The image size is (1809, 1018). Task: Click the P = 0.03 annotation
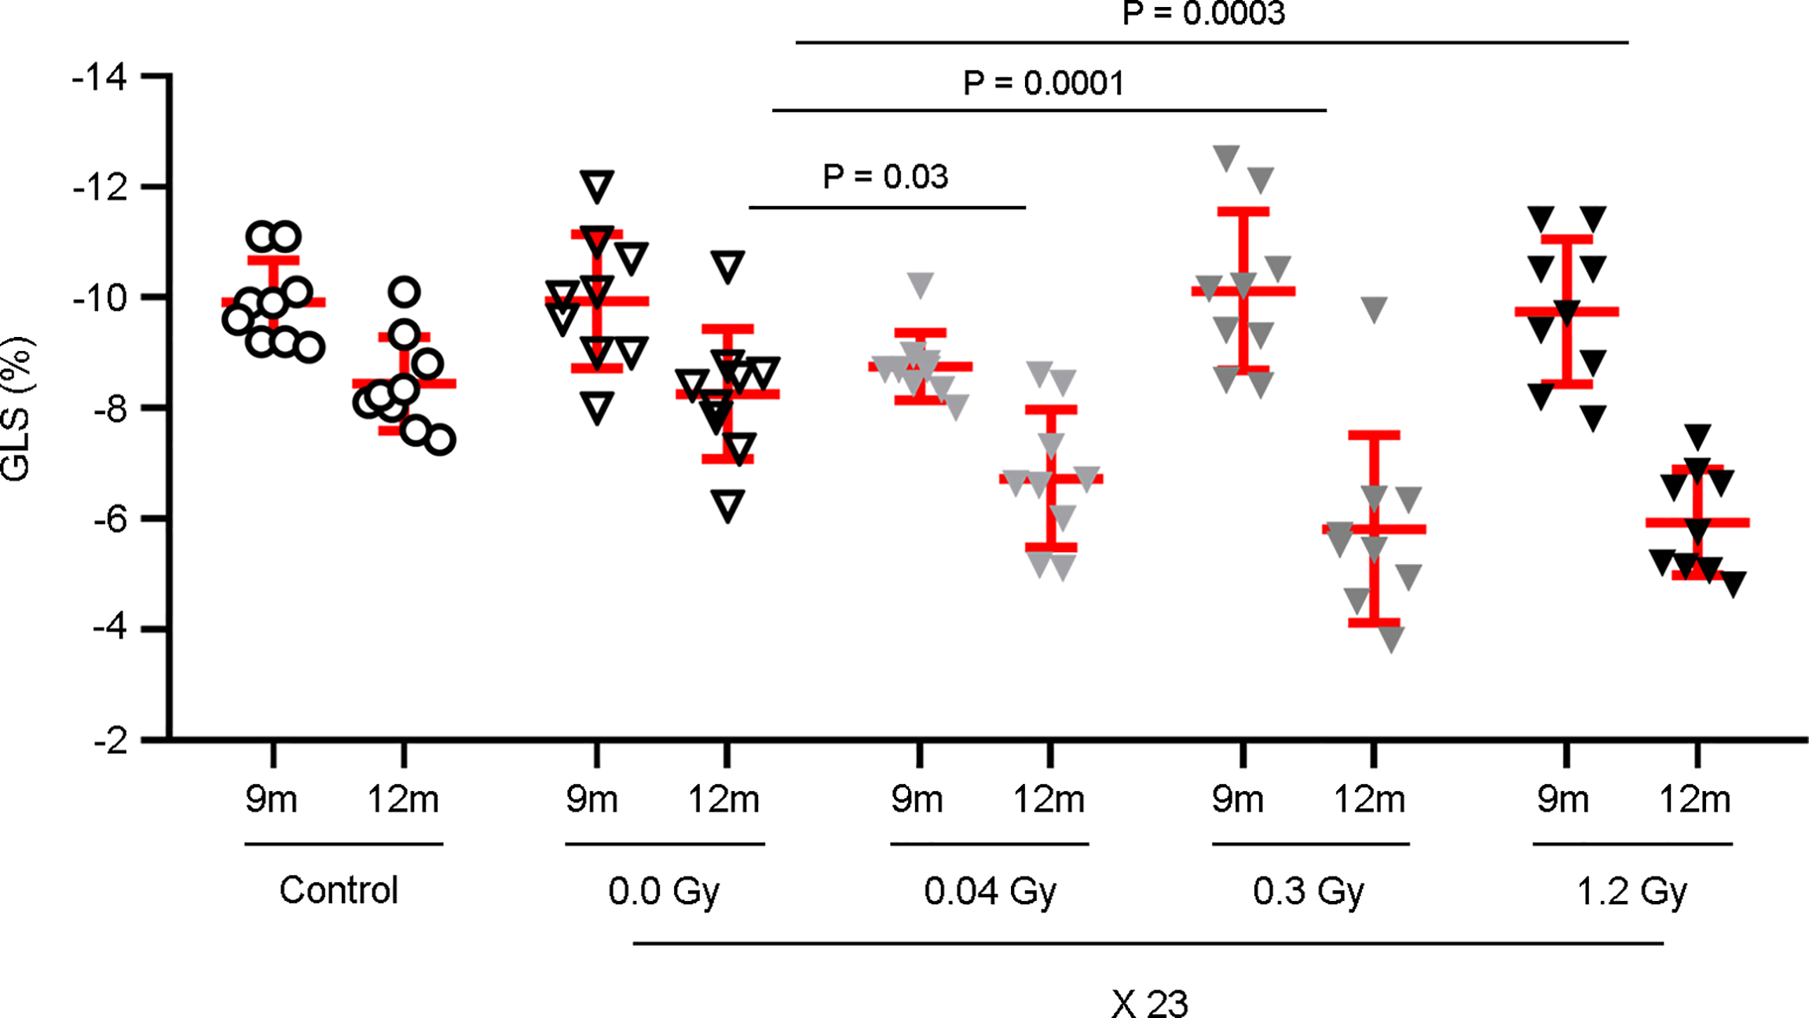click(885, 177)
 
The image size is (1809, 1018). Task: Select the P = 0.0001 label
click(1043, 82)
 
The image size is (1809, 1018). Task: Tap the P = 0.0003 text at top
click(1203, 14)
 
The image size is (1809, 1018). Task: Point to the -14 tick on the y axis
click(100, 78)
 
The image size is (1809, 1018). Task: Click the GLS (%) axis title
click(16, 409)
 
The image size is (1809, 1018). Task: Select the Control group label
click(339, 890)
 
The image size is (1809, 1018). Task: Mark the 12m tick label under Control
click(403, 800)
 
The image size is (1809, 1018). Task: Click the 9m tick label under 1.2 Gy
click(1562, 800)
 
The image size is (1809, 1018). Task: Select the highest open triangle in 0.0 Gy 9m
click(597, 186)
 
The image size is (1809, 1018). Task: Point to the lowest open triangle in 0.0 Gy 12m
click(728, 505)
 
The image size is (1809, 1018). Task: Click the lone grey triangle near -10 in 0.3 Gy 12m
click(1374, 309)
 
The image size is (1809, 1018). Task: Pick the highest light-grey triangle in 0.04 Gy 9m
click(921, 284)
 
